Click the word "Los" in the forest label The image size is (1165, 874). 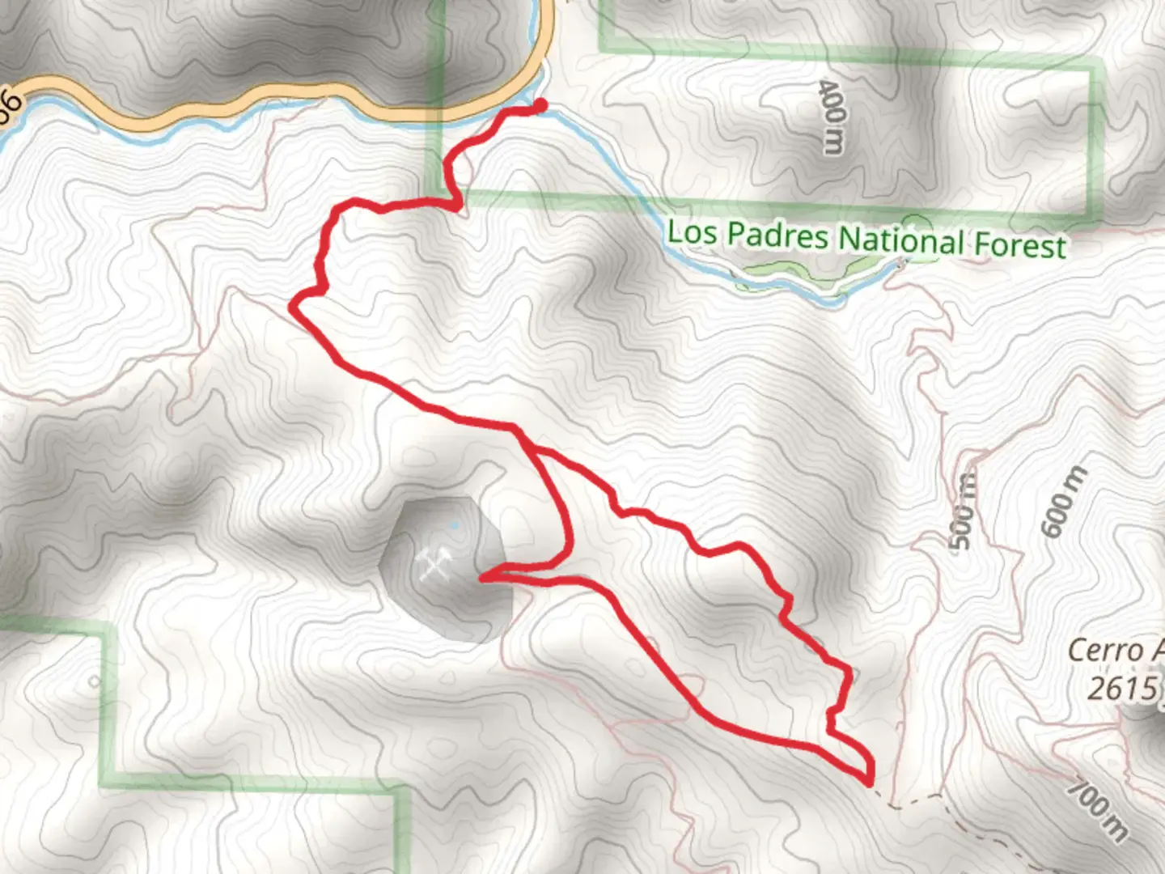[692, 232]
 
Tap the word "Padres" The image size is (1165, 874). [777, 235]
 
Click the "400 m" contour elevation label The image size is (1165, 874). [832, 117]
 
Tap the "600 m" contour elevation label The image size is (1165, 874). [1065, 502]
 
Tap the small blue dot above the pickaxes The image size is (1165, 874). [455, 525]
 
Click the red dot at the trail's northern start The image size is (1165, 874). [540, 104]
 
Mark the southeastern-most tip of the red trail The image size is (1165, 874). [870, 782]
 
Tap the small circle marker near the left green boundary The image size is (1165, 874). [95, 681]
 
